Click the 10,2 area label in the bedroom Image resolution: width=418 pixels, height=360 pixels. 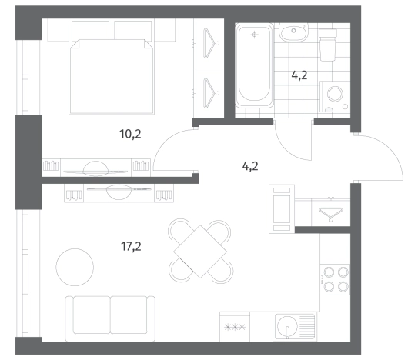(130, 134)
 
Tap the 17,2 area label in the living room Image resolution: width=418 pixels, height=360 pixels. (131, 246)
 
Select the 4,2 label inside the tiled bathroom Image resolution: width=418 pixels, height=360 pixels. (299, 75)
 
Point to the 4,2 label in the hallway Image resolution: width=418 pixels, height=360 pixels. (250, 166)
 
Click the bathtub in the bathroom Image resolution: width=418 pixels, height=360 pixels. (255, 65)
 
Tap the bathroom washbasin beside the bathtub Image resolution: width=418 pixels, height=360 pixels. (293, 32)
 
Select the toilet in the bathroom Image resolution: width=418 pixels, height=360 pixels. (328, 45)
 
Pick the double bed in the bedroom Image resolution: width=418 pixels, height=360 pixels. (112, 77)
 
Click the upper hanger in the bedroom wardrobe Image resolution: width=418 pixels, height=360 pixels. (211, 43)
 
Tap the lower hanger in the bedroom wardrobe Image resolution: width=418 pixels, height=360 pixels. (211, 93)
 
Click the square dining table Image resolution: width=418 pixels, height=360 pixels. (200, 252)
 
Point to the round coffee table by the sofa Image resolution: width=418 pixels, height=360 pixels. (75, 267)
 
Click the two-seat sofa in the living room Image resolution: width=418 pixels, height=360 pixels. (110, 318)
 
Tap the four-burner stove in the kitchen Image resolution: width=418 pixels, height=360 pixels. (335, 279)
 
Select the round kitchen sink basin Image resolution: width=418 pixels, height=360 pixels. (287, 325)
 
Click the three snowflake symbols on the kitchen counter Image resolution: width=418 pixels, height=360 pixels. (235, 327)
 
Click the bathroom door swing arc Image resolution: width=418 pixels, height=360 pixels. (289, 147)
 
